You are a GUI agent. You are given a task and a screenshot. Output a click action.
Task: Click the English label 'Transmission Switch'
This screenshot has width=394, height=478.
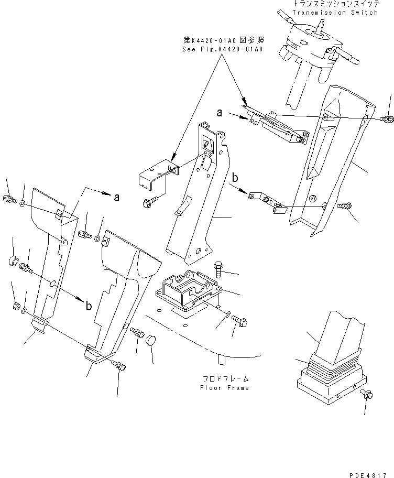[x=335, y=13]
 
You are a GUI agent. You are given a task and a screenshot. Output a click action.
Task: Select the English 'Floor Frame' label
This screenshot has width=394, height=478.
[x=224, y=388]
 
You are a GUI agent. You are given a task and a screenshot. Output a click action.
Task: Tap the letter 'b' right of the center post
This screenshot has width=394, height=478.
[x=235, y=178]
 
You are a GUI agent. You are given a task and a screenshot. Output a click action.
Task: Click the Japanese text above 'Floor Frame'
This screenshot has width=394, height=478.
[x=225, y=378]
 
